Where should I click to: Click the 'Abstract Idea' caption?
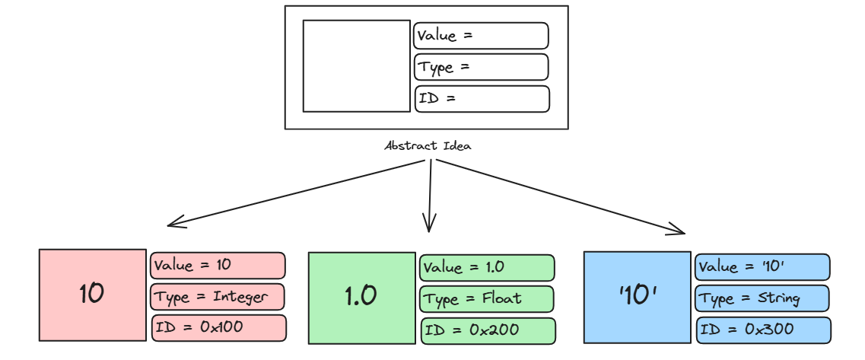click(428, 145)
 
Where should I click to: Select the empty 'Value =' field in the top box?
click(481, 36)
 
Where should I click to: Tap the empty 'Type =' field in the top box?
click(481, 67)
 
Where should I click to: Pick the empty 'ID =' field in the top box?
click(482, 99)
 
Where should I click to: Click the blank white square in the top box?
click(356, 66)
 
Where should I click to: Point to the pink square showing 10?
click(93, 294)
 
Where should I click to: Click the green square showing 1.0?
click(361, 298)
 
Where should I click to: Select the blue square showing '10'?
click(637, 297)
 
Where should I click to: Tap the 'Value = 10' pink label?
click(218, 266)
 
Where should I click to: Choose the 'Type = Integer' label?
click(218, 296)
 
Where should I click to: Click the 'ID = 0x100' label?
click(219, 327)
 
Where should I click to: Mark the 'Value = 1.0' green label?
click(487, 268)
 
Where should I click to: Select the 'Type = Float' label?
click(487, 298)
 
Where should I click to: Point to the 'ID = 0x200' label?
click(488, 330)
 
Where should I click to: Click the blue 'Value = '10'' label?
click(762, 267)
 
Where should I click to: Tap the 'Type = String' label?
click(762, 298)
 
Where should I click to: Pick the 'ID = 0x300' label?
click(763, 330)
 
